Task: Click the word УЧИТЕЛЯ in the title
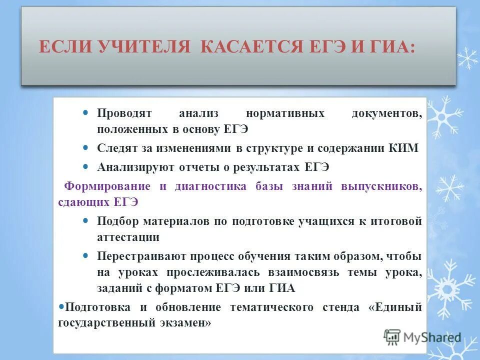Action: click(x=145, y=47)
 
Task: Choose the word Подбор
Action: click(x=117, y=221)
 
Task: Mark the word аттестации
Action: click(x=128, y=237)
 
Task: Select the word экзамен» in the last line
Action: click(x=185, y=323)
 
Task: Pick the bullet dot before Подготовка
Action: click(x=61, y=305)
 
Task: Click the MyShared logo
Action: click(x=422, y=337)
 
